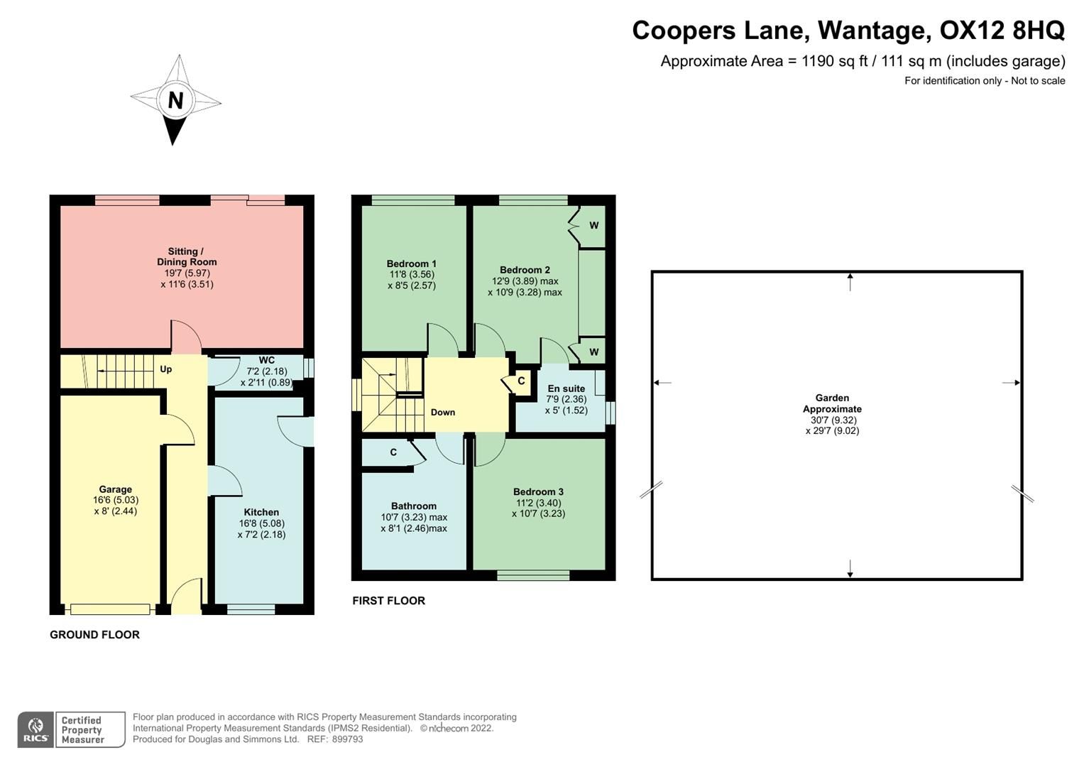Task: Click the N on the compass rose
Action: tap(175, 101)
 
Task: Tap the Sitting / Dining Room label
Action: tap(187, 257)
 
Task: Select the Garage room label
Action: tap(115, 489)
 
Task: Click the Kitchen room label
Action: tap(261, 512)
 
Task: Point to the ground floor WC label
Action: tap(266, 361)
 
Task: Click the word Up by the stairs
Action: tap(165, 369)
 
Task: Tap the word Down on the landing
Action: tap(443, 413)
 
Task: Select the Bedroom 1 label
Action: tap(412, 263)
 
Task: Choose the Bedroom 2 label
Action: tap(525, 270)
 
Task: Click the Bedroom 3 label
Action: tap(538, 491)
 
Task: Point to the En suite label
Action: tap(566, 388)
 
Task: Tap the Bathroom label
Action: tap(414, 506)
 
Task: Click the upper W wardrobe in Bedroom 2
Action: tap(593, 226)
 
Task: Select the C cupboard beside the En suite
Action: tap(521, 381)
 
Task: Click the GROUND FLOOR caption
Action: tap(94, 635)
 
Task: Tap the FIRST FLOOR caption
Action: tap(388, 601)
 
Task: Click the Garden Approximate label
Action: tap(832, 403)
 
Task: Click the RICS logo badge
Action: tap(35, 729)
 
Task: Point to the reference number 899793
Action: tap(347, 739)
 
